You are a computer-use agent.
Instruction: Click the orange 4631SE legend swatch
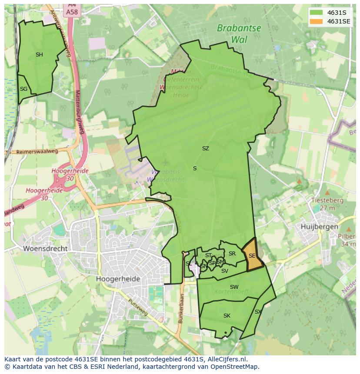pyautogui.click(x=317, y=21)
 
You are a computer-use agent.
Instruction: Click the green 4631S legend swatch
pyautogui.click(x=317, y=12)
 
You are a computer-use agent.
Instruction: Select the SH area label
pyautogui.click(x=39, y=55)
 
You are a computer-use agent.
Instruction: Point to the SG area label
pyautogui.click(x=23, y=89)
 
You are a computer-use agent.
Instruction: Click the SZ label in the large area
pyautogui.click(x=205, y=149)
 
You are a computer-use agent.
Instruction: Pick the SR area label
pyautogui.click(x=232, y=254)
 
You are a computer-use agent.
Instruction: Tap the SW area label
pyautogui.click(x=234, y=287)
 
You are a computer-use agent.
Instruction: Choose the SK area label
pyautogui.click(x=227, y=316)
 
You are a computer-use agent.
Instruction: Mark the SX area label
pyautogui.click(x=258, y=312)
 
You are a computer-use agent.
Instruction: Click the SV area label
pyautogui.click(x=224, y=271)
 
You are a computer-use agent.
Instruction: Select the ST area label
pyautogui.click(x=208, y=255)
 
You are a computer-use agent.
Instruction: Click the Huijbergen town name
pyautogui.click(x=320, y=227)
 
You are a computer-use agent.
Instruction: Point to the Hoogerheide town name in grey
pyautogui.click(x=118, y=279)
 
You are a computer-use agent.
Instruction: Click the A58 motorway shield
pyautogui.click(x=72, y=12)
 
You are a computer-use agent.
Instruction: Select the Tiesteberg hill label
pyautogui.click(x=327, y=201)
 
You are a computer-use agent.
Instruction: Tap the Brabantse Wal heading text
pyautogui.click(x=239, y=33)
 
